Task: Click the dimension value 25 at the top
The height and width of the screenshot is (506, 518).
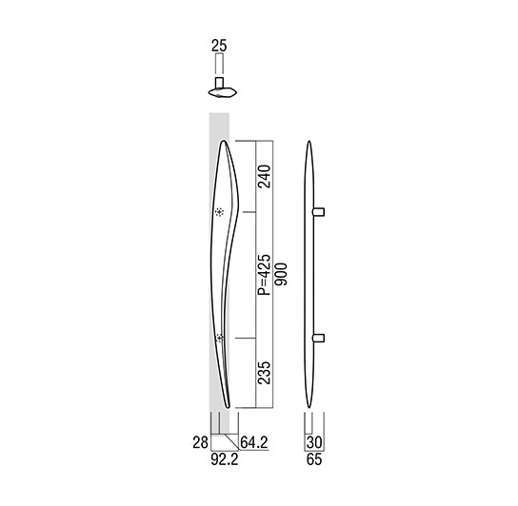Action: click(219, 46)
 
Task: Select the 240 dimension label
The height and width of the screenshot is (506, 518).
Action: click(265, 176)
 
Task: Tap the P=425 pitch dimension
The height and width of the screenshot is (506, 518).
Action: click(265, 275)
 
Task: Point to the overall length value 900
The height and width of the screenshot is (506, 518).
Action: click(282, 274)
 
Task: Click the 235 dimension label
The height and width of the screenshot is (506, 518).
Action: click(265, 373)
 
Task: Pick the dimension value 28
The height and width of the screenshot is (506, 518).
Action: click(201, 442)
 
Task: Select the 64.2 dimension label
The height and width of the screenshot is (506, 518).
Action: click(253, 442)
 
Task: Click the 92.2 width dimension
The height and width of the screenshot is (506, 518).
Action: click(225, 459)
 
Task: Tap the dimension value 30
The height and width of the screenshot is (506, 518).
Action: click(314, 442)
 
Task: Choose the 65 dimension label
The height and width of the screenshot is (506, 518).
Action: click(314, 459)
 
